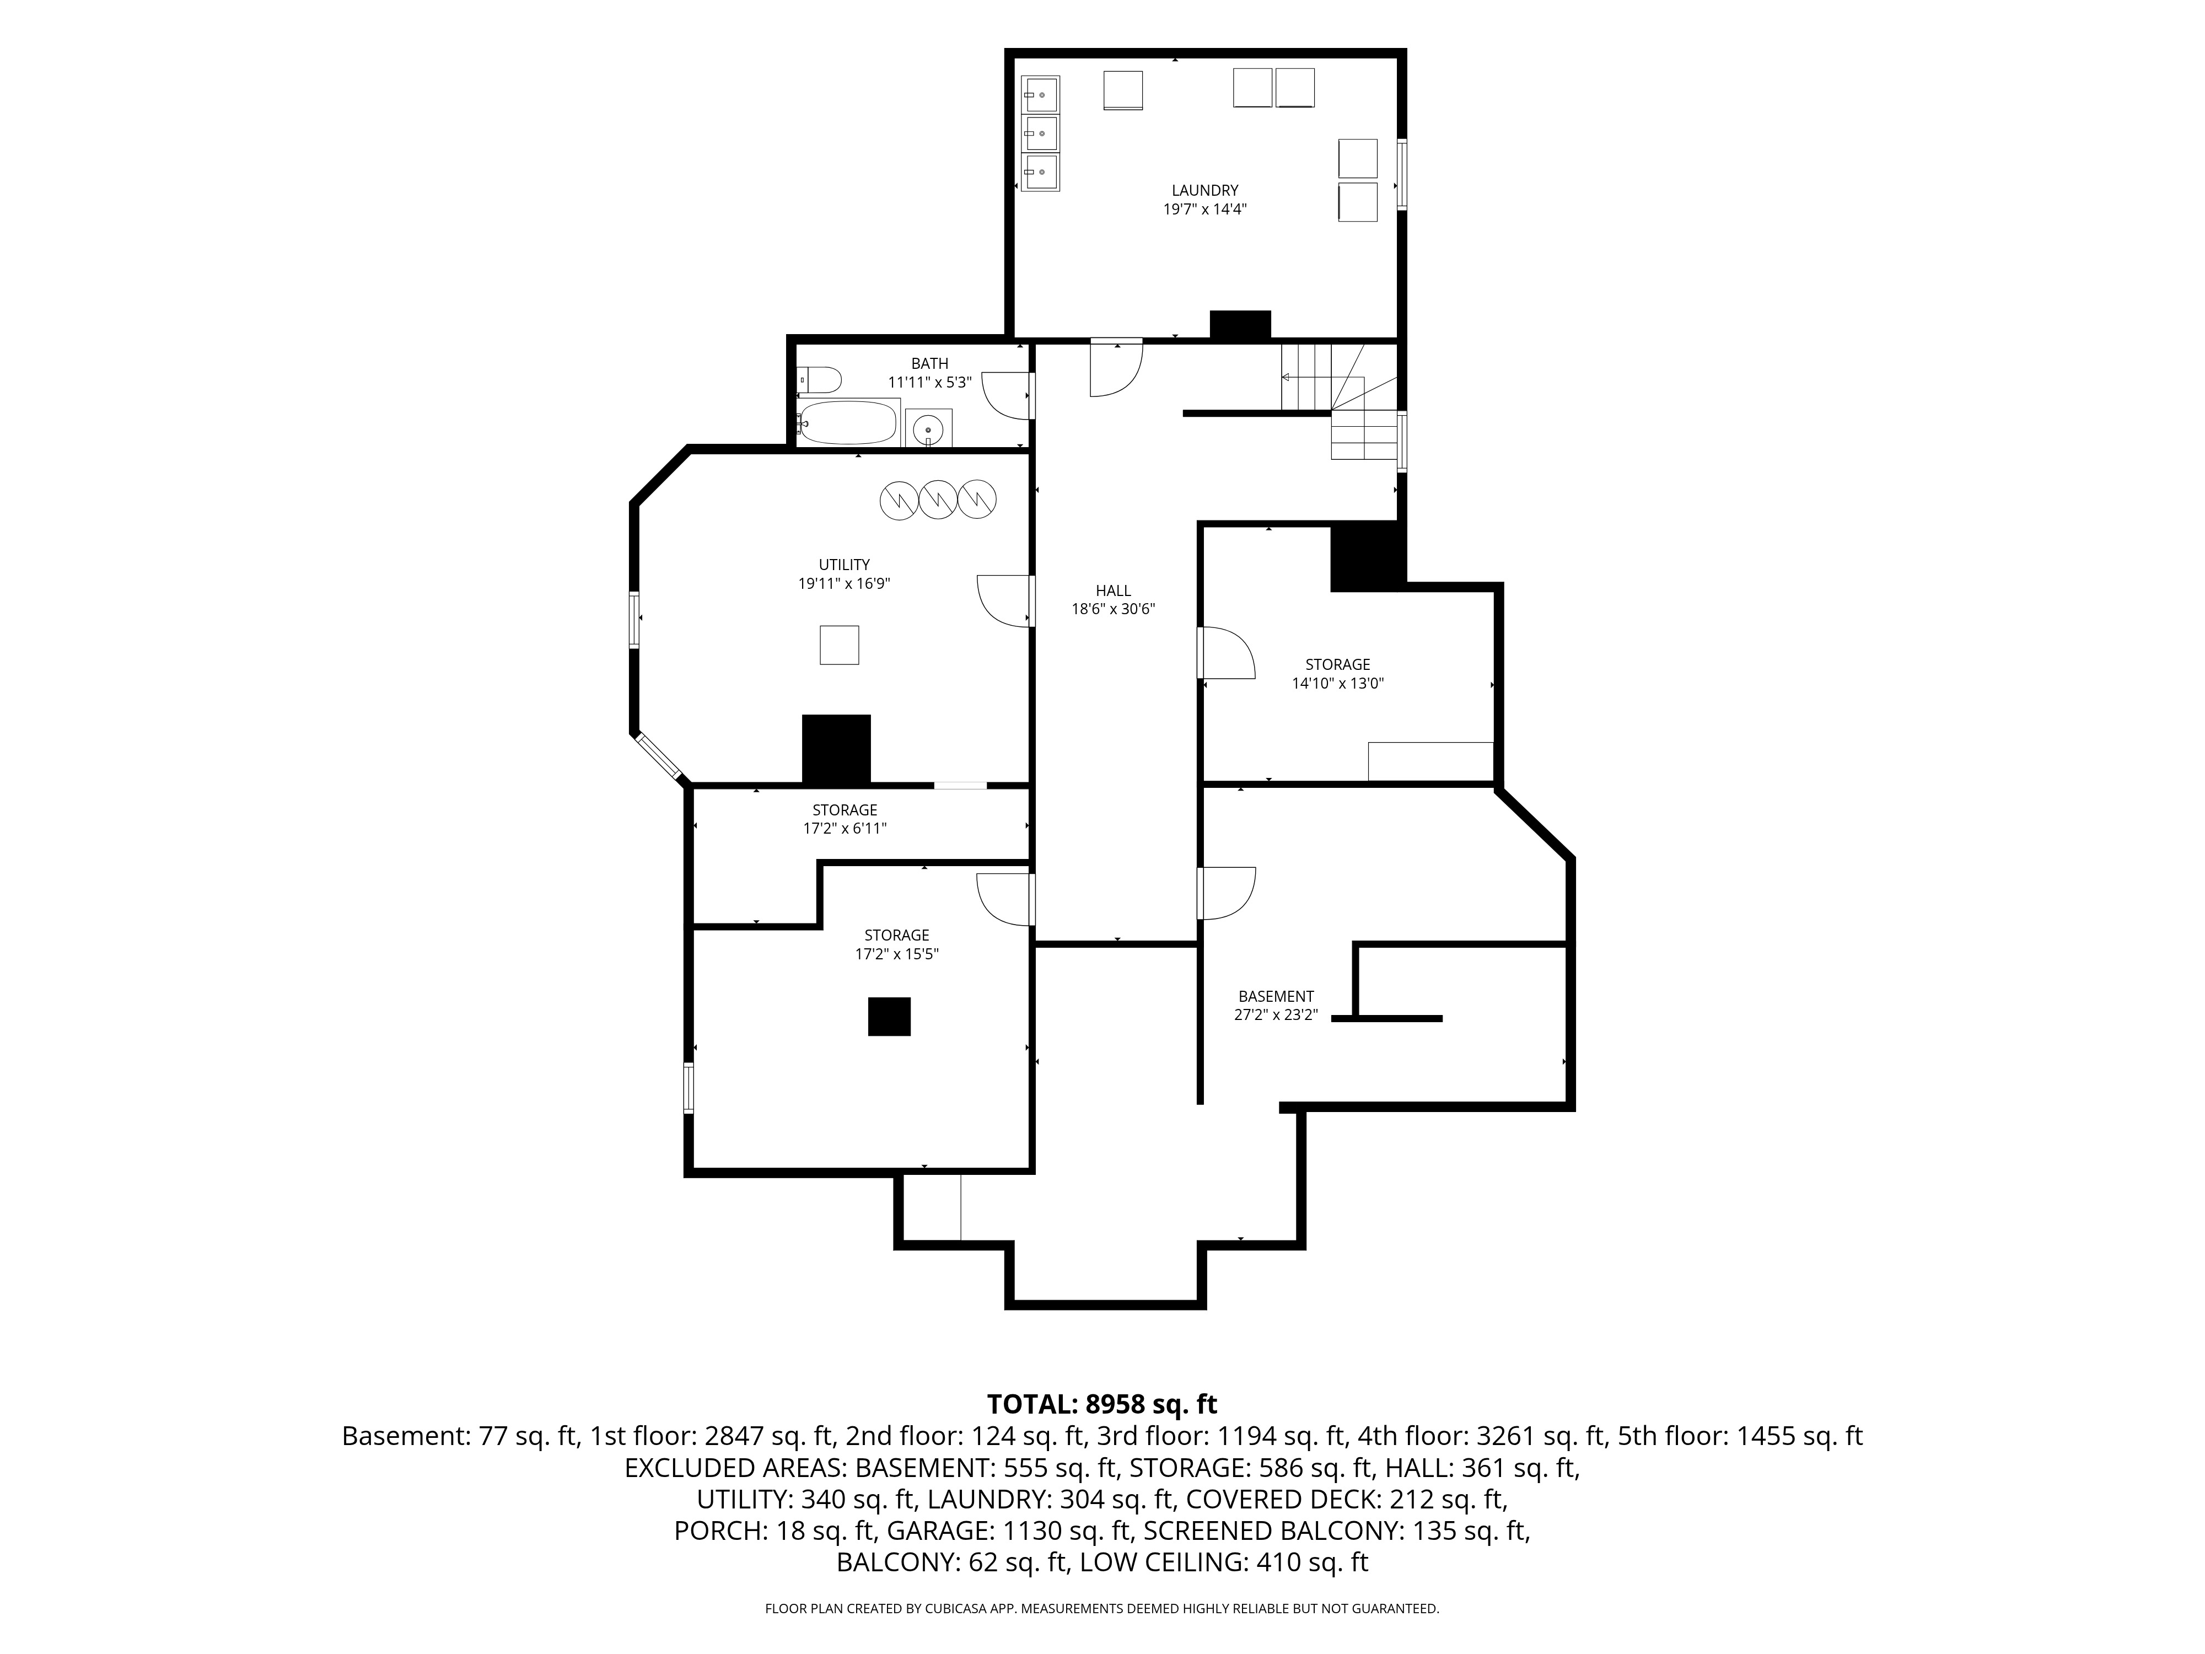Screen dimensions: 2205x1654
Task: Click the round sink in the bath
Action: pos(928,429)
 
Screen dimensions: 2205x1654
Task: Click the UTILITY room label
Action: pos(845,565)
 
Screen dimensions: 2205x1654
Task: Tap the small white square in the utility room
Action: pos(840,645)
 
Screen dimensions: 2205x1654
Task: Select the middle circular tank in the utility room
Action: pos(938,500)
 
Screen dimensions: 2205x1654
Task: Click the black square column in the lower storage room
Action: pos(889,1017)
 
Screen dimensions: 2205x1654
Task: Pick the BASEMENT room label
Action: pos(1276,996)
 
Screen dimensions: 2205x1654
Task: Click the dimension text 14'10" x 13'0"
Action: pos(1338,684)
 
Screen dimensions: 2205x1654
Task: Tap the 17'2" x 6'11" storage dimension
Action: pos(845,829)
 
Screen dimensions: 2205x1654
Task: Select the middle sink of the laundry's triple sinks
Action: pos(1040,133)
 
